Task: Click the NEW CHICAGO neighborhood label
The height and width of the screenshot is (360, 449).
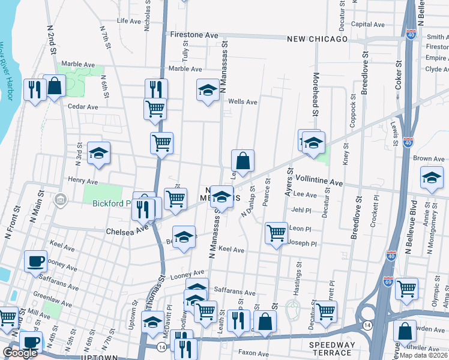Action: click(x=318, y=39)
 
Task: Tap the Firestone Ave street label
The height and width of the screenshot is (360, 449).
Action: click(x=194, y=35)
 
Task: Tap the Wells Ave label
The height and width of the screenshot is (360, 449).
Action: click(x=243, y=102)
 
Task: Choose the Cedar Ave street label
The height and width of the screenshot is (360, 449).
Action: click(x=82, y=107)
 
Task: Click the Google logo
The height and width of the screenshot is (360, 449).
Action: click(x=20, y=353)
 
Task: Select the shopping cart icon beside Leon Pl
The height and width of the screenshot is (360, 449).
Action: click(x=276, y=232)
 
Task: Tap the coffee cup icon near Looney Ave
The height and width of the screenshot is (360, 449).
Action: click(x=35, y=260)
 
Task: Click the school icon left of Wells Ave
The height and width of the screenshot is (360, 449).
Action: click(x=208, y=90)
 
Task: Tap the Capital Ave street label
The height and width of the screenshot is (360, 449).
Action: click(x=368, y=24)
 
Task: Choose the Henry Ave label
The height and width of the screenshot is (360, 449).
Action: click(x=83, y=181)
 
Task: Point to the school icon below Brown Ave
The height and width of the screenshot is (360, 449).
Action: click(x=432, y=178)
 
